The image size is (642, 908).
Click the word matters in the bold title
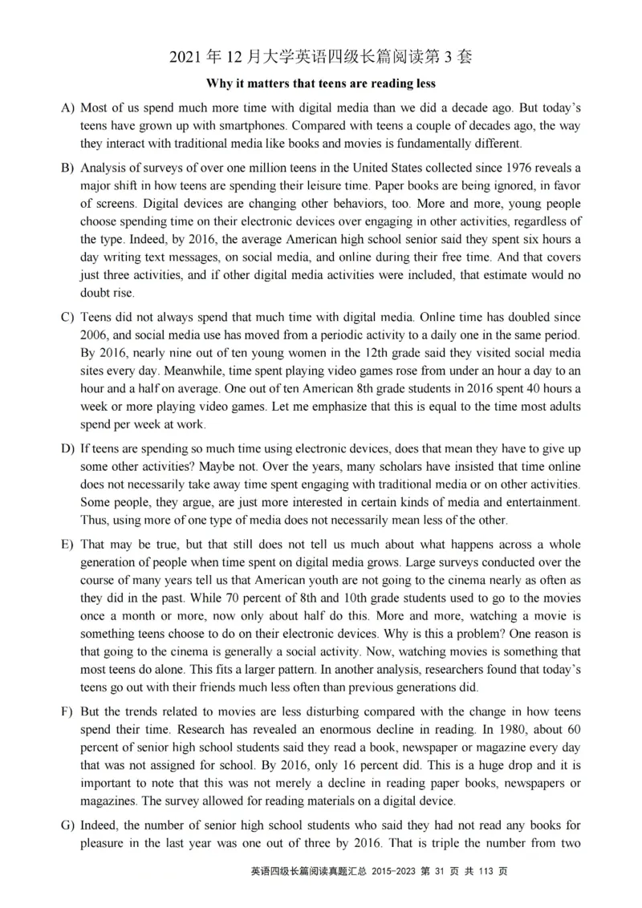click(257, 83)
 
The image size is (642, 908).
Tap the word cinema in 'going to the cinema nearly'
click(465, 581)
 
